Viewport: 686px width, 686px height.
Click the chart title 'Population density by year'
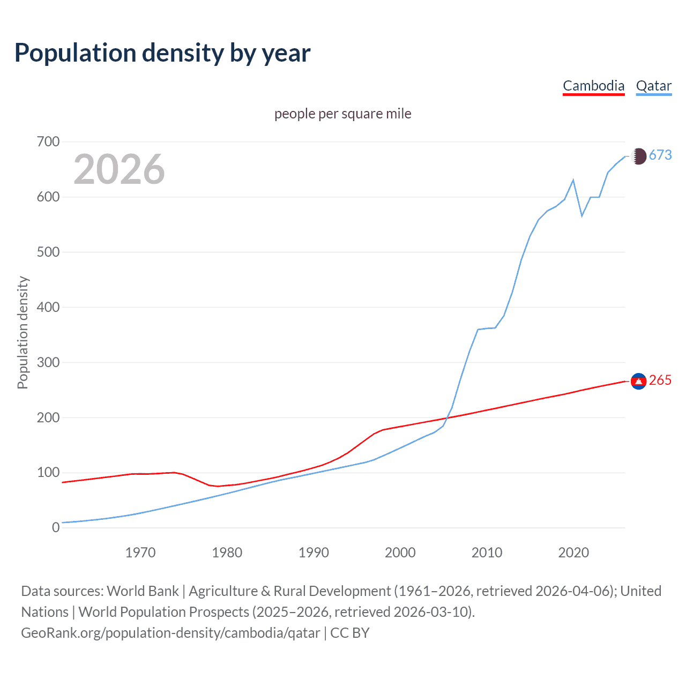(162, 53)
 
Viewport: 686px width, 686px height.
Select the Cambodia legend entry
(593, 86)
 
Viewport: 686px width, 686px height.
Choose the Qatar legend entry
(653, 86)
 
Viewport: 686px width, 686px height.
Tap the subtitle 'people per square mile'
(342, 114)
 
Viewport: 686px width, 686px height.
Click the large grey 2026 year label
(119, 169)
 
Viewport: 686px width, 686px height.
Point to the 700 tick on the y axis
(48, 142)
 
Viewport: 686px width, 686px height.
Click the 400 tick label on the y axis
(48, 307)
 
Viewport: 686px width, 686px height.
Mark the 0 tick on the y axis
(56, 527)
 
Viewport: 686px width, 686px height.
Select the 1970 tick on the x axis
(140, 552)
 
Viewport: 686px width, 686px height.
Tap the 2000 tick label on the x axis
(400, 552)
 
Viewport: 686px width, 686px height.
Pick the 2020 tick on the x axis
(573, 552)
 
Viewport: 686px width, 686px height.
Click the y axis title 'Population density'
(23, 332)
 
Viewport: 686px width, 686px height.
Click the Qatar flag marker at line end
(638, 156)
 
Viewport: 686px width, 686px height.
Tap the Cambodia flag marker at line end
(638, 381)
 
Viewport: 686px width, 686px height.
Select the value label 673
(660, 155)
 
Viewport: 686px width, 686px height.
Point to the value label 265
(660, 381)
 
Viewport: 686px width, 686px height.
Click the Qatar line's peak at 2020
(573, 180)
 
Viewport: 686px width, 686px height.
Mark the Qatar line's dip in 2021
(582, 216)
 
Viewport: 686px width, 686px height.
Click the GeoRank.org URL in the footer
(170, 633)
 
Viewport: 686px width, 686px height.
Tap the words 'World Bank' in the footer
(143, 591)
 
